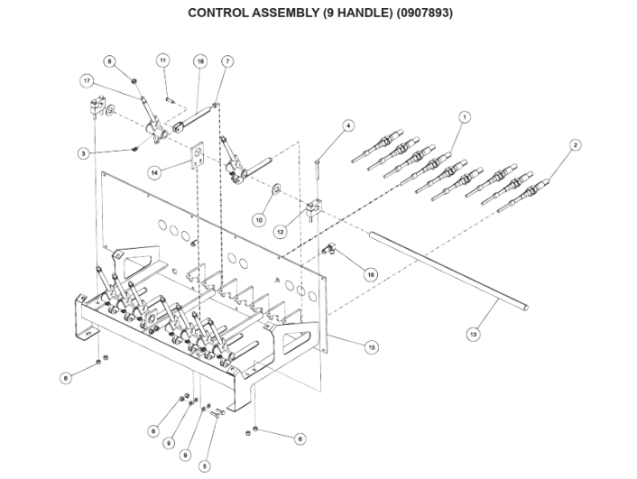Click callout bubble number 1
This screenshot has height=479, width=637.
click(x=464, y=117)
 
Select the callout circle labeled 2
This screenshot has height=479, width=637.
click(x=575, y=144)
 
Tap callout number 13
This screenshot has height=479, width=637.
click(x=473, y=335)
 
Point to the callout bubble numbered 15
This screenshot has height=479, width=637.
click(x=372, y=347)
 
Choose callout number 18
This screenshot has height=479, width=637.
click(x=370, y=274)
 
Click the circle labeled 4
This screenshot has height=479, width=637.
click(x=347, y=125)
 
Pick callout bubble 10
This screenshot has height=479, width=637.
click(x=259, y=220)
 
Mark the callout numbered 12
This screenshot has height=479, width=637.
click(x=281, y=232)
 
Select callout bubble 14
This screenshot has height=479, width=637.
click(x=154, y=172)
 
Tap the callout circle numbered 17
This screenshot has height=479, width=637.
click(x=87, y=81)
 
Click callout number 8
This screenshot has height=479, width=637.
click(x=109, y=61)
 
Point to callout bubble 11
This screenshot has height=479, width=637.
click(x=162, y=60)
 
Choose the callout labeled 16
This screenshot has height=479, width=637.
click(x=200, y=61)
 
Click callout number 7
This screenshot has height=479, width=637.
click(x=227, y=61)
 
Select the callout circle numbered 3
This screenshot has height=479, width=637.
click(x=83, y=153)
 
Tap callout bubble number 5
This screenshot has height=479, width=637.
click(x=204, y=466)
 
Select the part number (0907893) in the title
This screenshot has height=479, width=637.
click(x=424, y=13)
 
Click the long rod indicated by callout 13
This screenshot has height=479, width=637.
click(x=449, y=271)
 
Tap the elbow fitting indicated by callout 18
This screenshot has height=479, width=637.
click(x=328, y=248)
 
